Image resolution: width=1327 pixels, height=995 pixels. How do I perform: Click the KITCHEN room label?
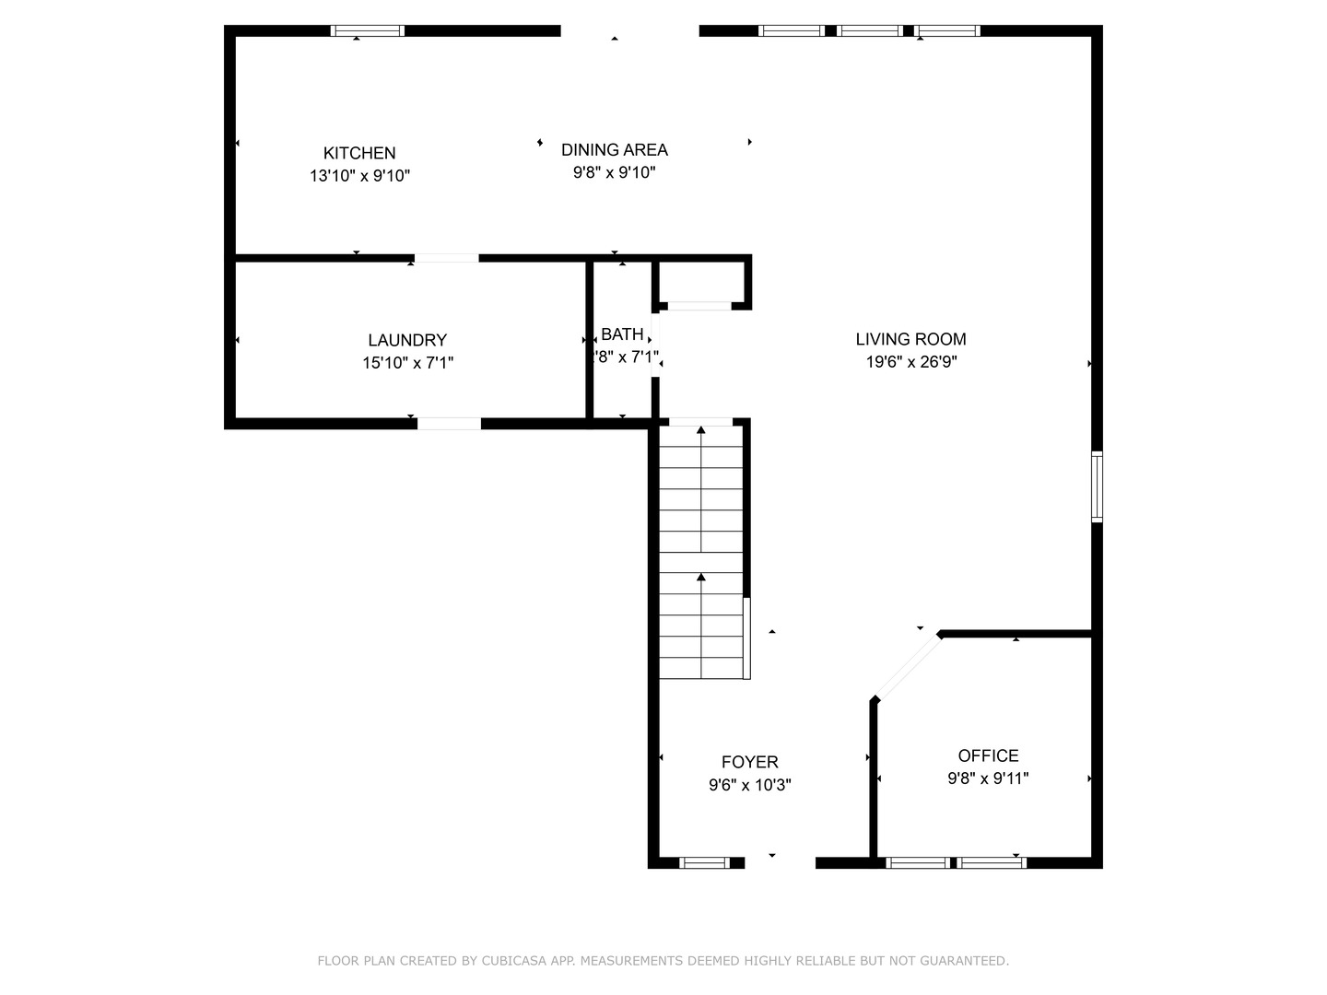pyautogui.click(x=359, y=153)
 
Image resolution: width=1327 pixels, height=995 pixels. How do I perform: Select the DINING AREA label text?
pyautogui.click(x=615, y=149)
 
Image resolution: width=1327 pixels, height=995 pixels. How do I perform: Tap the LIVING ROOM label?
pyautogui.click(x=910, y=339)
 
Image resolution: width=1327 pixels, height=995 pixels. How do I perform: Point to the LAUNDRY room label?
pyautogui.click(x=407, y=340)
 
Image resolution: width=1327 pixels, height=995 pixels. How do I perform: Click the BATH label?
pyautogui.click(x=622, y=334)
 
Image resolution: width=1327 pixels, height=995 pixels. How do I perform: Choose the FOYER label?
pyautogui.click(x=749, y=762)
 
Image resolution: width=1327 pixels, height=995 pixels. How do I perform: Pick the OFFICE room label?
pyautogui.click(x=988, y=755)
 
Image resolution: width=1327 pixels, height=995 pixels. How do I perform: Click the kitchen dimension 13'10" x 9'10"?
pyautogui.click(x=359, y=176)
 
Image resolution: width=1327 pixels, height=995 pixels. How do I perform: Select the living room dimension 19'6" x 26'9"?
pyautogui.click(x=910, y=362)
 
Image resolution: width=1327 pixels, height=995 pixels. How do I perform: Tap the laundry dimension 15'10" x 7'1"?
pyautogui.click(x=407, y=363)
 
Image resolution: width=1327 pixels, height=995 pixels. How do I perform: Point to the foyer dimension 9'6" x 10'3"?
pyautogui.click(x=749, y=785)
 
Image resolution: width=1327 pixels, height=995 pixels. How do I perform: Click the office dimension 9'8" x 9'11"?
pyautogui.click(x=988, y=778)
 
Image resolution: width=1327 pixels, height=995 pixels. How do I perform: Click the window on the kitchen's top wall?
pyautogui.click(x=368, y=30)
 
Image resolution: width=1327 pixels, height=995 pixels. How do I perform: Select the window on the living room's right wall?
pyautogui.click(x=1097, y=486)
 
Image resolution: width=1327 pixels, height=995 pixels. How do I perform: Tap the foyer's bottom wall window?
pyautogui.click(x=704, y=863)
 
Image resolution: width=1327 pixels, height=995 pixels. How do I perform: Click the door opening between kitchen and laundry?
pyautogui.click(x=446, y=259)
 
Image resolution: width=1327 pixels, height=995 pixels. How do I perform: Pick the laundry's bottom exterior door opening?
pyautogui.click(x=449, y=424)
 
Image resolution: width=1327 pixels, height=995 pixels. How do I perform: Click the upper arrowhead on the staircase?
pyautogui.click(x=701, y=429)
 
